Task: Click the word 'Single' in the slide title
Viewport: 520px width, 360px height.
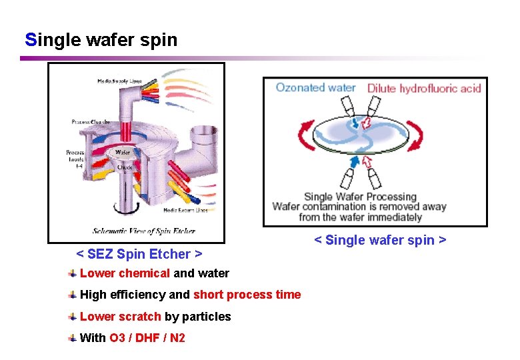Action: [x=53, y=40]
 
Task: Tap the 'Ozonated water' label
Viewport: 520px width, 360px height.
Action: [x=315, y=88]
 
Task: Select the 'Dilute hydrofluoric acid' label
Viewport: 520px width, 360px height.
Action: [x=424, y=88]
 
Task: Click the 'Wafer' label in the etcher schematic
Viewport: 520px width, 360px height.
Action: [x=123, y=152]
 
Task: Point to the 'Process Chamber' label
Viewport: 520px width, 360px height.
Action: [x=91, y=122]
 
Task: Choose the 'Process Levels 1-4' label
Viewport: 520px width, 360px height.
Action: [x=75, y=158]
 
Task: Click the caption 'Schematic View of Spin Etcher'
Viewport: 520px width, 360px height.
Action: [x=144, y=231]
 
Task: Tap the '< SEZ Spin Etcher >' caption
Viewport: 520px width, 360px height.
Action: [x=139, y=254]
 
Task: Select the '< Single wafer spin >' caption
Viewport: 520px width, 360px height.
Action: [x=380, y=240]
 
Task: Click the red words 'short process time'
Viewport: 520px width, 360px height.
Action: [x=247, y=295]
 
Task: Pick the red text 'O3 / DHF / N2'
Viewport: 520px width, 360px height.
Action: [x=147, y=338]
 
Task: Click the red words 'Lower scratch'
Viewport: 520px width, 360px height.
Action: [x=120, y=317]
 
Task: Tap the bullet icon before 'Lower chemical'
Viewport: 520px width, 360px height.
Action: [x=72, y=273]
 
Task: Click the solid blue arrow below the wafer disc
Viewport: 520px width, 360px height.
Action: [x=354, y=162]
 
